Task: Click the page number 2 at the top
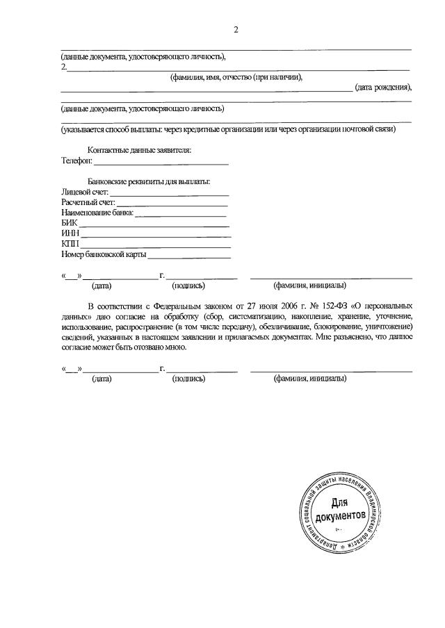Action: pos(236,29)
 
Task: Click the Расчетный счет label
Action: pos(87,202)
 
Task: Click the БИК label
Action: pos(68,224)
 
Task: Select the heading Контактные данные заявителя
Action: pos(139,150)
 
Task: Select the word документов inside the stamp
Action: pos(339,517)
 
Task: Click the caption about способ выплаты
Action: pos(228,129)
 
